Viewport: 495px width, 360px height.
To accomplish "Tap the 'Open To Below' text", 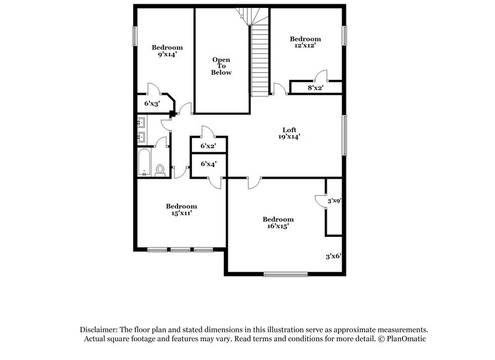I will (222, 66).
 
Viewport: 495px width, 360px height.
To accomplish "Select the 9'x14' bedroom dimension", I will (167, 55).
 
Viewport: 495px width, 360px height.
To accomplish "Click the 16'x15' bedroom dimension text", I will (277, 226).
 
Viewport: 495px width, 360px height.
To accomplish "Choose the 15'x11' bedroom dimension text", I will (181, 213).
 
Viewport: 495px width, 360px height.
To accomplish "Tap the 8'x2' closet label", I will (316, 88).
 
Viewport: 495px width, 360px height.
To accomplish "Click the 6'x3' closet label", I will (152, 103).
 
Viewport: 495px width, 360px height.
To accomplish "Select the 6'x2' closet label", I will (208, 146).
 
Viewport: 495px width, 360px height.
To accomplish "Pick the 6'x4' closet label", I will (208, 164).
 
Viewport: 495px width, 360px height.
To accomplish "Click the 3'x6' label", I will (334, 255).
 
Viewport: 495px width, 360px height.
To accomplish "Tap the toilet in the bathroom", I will (160, 169).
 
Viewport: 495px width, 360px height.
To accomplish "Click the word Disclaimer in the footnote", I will (100, 330).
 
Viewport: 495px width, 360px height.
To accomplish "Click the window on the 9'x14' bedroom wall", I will (135, 36).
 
